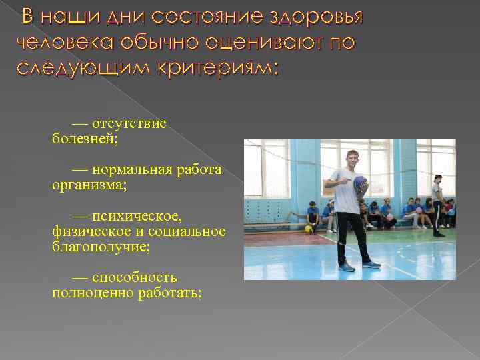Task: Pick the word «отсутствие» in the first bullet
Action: [x=129, y=124]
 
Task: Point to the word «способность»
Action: [x=135, y=277]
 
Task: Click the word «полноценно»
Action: [x=87, y=292]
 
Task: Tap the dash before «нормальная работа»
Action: [x=80, y=170]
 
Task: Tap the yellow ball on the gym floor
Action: [x=309, y=229]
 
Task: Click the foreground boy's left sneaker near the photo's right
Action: [x=371, y=265]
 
